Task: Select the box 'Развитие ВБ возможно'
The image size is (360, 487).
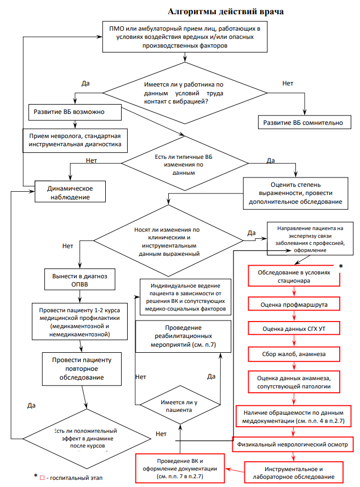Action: [x=73, y=112]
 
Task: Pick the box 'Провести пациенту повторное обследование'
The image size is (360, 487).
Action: [x=82, y=369]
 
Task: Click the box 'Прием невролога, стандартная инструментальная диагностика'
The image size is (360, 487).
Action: [x=76, y=140]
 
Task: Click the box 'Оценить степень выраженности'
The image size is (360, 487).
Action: [x=296, y=193]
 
